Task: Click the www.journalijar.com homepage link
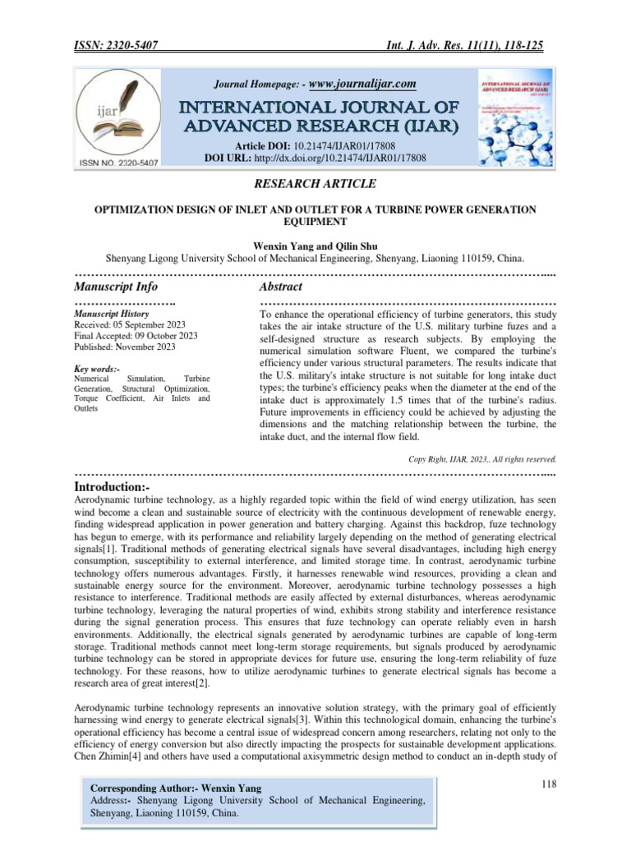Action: [362, 84]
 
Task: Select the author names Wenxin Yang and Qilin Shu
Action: [315, 243]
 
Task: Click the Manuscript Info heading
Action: [116, 287]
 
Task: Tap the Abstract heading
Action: [280, 287]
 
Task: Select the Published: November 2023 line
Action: [125, 347]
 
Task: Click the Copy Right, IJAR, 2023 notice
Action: [482, 459]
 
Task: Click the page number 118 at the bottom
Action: [550, 785]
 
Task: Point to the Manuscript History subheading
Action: [112, 314]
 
